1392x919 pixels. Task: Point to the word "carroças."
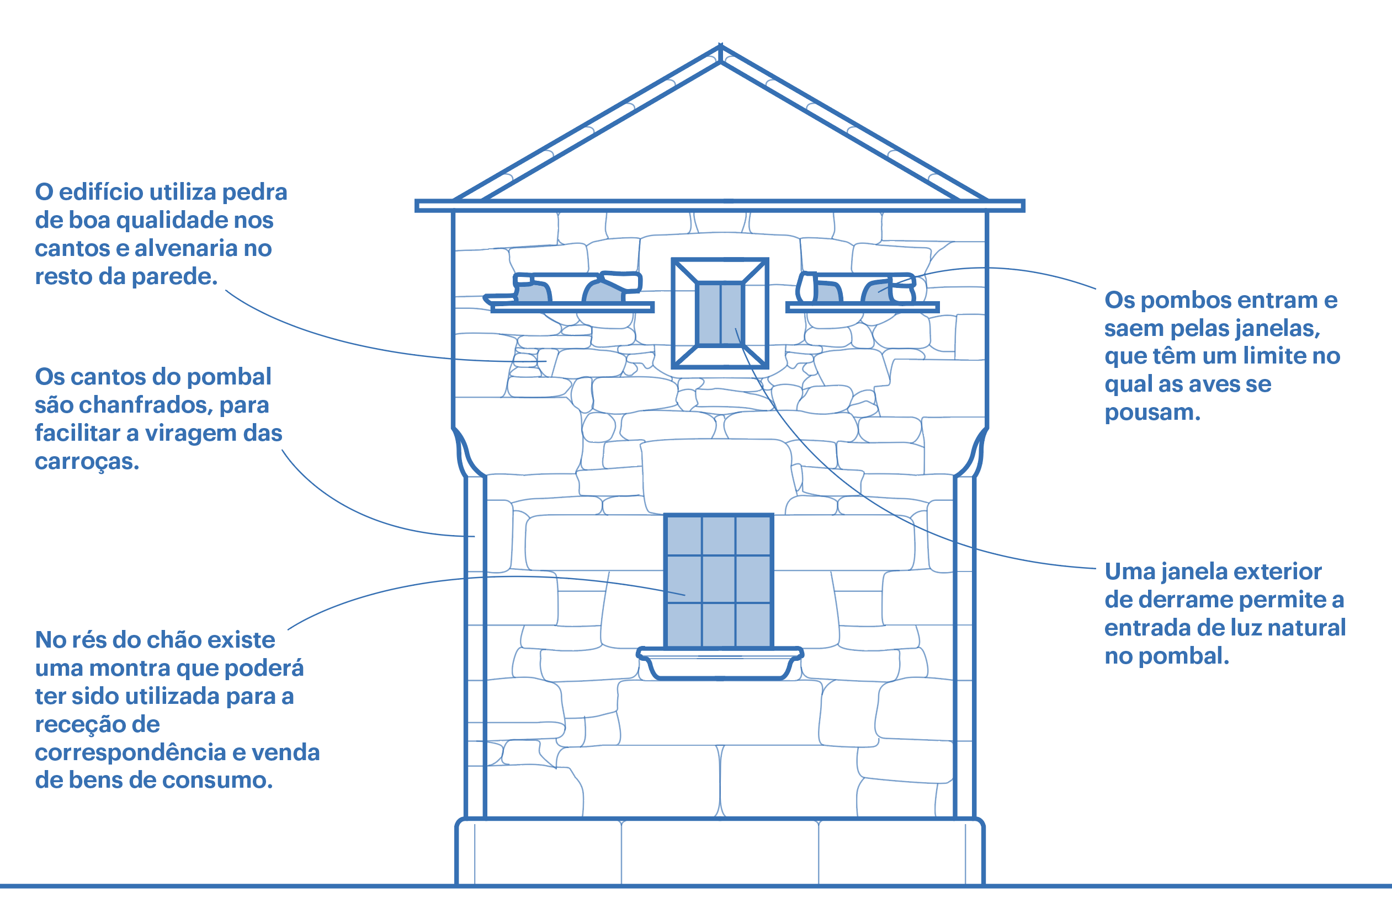point(87,462)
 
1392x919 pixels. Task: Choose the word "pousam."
point(1152,413)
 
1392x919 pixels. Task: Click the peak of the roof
point(720,48)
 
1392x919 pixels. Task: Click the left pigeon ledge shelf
point(572,307)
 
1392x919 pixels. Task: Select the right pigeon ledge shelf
point(862,307)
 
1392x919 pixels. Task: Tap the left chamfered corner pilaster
point(475,645)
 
